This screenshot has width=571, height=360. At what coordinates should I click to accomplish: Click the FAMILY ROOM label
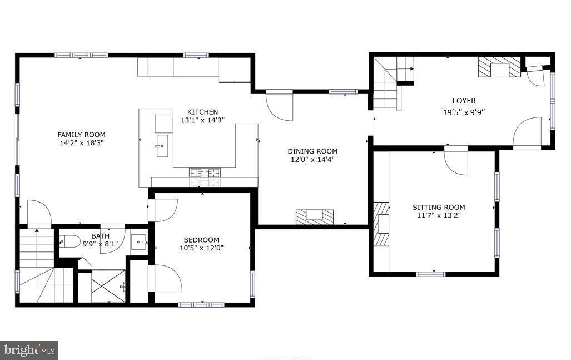(81, 134)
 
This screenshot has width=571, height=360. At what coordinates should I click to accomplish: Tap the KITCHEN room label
(202, 112)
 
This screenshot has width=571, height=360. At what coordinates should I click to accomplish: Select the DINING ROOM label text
(312, 151)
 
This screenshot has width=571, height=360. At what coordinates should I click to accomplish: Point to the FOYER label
(463, 101)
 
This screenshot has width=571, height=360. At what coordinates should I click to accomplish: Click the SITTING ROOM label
(439, 207)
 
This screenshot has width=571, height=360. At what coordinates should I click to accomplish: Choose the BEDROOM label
(201, 240)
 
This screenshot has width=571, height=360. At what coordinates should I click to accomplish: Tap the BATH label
(100, 236)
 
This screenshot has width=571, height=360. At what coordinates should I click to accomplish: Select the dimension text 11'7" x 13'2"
(439, 215)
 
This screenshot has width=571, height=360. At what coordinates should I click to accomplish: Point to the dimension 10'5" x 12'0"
(201, 248)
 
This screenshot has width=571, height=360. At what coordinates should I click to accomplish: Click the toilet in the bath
(68, 241)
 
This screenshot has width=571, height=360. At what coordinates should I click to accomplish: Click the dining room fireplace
(314, 216)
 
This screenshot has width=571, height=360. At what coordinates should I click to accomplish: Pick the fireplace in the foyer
(499, 67)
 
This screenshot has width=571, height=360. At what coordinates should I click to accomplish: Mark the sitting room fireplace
(380, 223)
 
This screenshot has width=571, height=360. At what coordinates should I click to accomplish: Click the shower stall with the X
(108, 286)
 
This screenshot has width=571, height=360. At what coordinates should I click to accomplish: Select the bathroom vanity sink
(139, 242)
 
